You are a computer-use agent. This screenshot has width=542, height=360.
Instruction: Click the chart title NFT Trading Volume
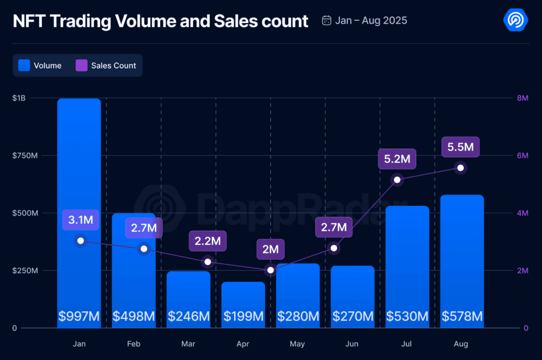160,21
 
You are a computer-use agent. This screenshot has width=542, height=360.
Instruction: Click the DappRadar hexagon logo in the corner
515,20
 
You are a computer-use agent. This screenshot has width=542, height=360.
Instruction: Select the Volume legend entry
40,66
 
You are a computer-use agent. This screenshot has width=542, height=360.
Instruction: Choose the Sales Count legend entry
106,66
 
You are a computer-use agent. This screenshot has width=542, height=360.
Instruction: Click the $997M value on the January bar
79,316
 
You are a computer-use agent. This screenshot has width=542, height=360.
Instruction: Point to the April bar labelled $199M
243,304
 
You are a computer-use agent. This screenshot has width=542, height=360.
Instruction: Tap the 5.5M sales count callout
460,147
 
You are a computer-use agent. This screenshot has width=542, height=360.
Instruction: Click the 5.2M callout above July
397,159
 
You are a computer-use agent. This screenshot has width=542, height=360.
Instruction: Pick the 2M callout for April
270,249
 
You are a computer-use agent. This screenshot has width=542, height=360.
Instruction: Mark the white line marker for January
80,241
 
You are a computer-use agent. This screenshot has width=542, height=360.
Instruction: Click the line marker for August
460,168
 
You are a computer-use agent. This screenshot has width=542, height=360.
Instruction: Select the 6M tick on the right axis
522,156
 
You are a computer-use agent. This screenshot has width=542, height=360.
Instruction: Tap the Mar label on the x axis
188,344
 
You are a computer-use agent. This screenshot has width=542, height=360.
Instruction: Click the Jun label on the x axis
352,344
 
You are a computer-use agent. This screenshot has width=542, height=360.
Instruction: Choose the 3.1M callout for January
80,220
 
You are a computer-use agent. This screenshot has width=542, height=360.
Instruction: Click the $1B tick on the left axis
19,98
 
